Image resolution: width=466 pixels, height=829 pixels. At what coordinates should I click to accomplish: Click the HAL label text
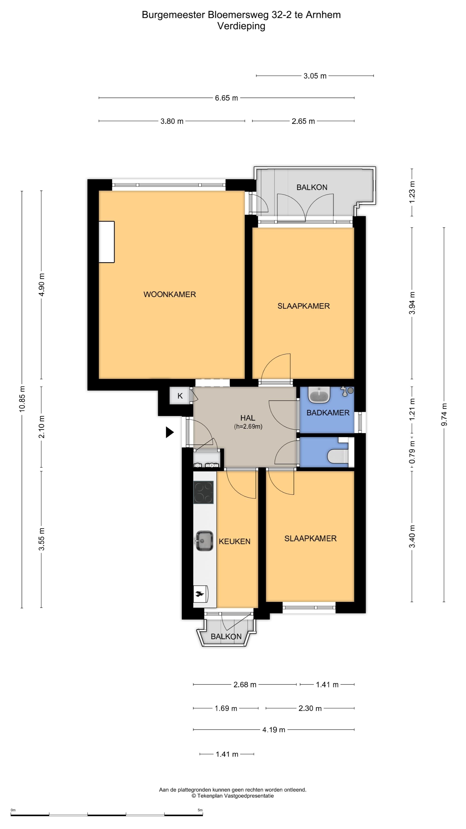[248, 418]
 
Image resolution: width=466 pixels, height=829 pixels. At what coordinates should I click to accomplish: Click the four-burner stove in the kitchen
[203, 492]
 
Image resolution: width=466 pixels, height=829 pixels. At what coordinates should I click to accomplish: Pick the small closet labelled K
[180, 396]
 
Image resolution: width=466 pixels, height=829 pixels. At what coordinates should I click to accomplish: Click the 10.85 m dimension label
[22, 399]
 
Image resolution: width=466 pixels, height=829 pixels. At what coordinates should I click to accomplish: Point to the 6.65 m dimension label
[226, 98]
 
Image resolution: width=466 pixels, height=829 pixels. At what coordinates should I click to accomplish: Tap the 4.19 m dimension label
[274, 729]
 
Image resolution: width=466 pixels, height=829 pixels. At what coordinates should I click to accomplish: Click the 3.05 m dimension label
[315, 76]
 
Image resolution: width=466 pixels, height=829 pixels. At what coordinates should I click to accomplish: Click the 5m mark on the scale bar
[200, 810]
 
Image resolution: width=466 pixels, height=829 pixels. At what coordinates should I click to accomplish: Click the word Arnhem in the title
[323, 15]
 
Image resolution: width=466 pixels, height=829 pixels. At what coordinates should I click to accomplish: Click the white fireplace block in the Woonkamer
[106, 242]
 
